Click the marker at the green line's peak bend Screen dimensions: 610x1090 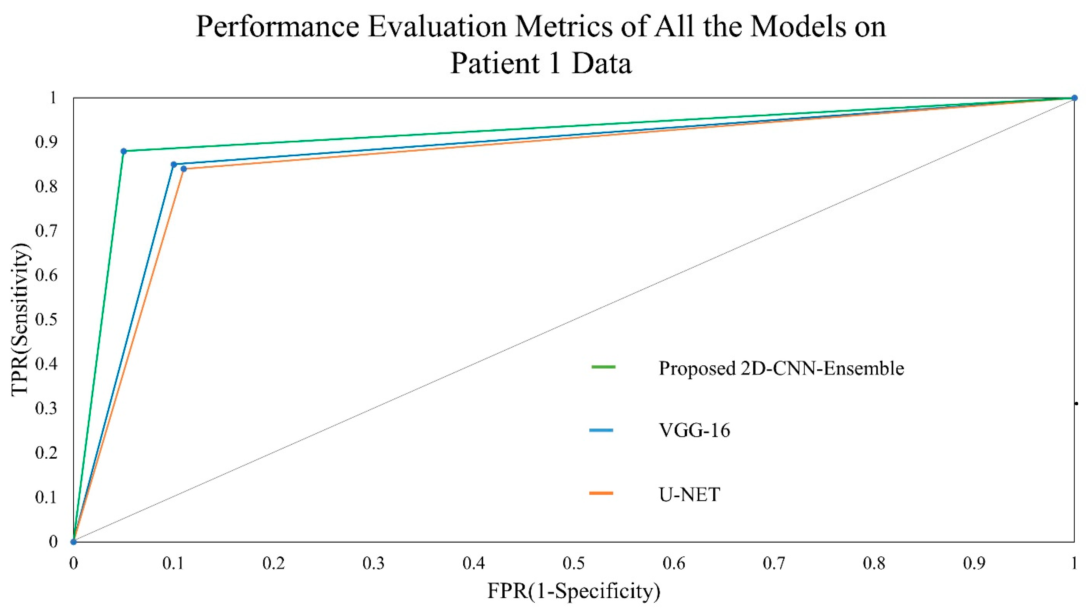point(124,151)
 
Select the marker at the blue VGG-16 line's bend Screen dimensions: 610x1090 point(174,164)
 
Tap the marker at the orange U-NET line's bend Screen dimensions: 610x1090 point(184,169)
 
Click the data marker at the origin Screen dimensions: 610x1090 point(74,541)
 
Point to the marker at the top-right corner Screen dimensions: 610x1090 point(1074,98)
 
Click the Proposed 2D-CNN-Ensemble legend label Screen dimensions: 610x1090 point(781,368)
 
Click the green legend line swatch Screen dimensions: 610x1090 point(603,367)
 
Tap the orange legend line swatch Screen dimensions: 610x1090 point(601,493)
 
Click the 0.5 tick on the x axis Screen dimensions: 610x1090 point(574,563)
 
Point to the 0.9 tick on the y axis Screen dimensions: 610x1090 point(47,142)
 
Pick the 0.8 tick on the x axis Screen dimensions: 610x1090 point(874,563)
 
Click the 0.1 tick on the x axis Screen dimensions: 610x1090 point(174,563)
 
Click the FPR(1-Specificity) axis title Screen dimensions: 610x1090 point(574,591)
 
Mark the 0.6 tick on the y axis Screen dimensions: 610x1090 point(47,275)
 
